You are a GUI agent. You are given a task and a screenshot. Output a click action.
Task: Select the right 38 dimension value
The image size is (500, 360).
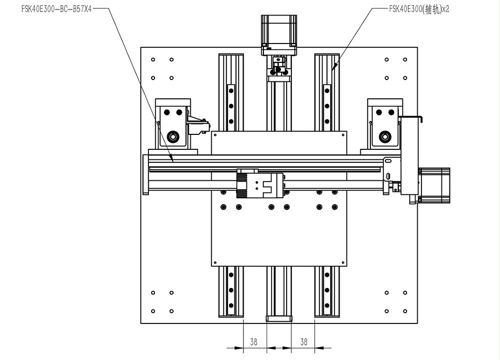coord(304,341)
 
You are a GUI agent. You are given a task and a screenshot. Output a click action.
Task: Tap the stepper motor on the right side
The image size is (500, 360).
coord(435,186)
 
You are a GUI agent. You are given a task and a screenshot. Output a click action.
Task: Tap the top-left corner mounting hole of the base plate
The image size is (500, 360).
coord(154,60)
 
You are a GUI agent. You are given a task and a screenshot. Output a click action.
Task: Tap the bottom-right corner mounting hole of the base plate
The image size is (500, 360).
coord(404,311)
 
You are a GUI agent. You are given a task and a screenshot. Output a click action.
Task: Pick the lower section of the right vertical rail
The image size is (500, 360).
coord(327,293)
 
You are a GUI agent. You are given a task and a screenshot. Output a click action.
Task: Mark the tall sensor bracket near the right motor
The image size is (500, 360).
coord(411,156)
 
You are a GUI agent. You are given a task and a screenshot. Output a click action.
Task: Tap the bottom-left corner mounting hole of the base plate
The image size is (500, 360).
coord(154,311)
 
